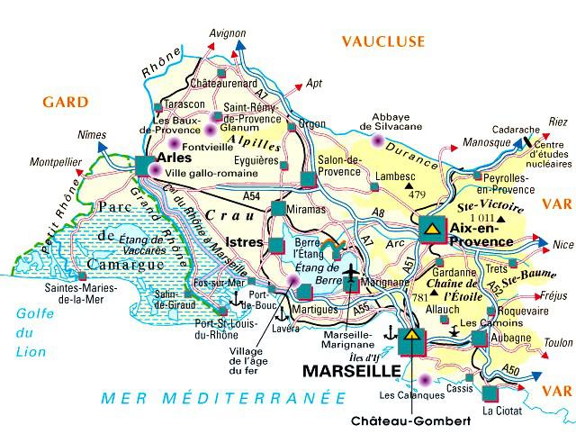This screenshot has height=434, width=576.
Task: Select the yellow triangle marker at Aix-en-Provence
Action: [431, 229]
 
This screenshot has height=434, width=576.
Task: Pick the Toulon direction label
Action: [558, 342]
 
